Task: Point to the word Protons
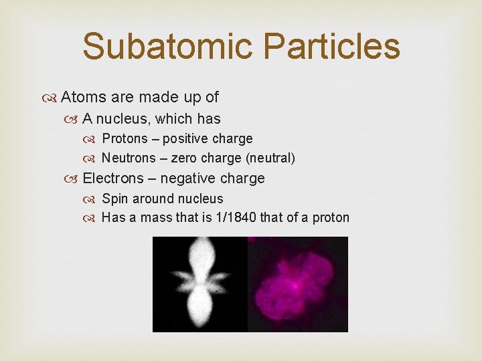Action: (x=125, y=139)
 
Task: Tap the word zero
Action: (x=184, y=158)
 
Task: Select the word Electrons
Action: (x=113, y=178)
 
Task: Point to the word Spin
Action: (x=113, y=199)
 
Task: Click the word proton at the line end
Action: (x=331, y=218)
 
